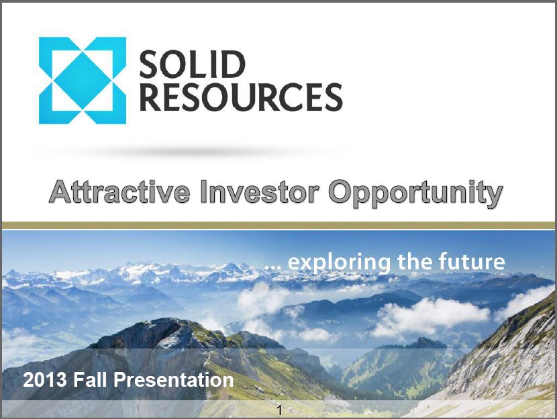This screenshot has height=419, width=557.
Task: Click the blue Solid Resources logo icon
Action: point(83,81)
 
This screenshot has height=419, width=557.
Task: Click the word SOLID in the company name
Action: point(192,64)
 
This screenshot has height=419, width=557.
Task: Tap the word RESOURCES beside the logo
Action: point(241,97)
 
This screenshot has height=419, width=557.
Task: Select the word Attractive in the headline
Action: point(119,192)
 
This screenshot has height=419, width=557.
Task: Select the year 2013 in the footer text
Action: point(45,379)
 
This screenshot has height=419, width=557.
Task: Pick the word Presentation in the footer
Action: point(174,379)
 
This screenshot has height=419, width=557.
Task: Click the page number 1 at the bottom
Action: point(280,410)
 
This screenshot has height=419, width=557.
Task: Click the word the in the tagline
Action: point(415,261)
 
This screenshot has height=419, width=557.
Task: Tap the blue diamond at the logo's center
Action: point(83,81)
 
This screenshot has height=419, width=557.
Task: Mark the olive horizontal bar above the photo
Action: point(278,226)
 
